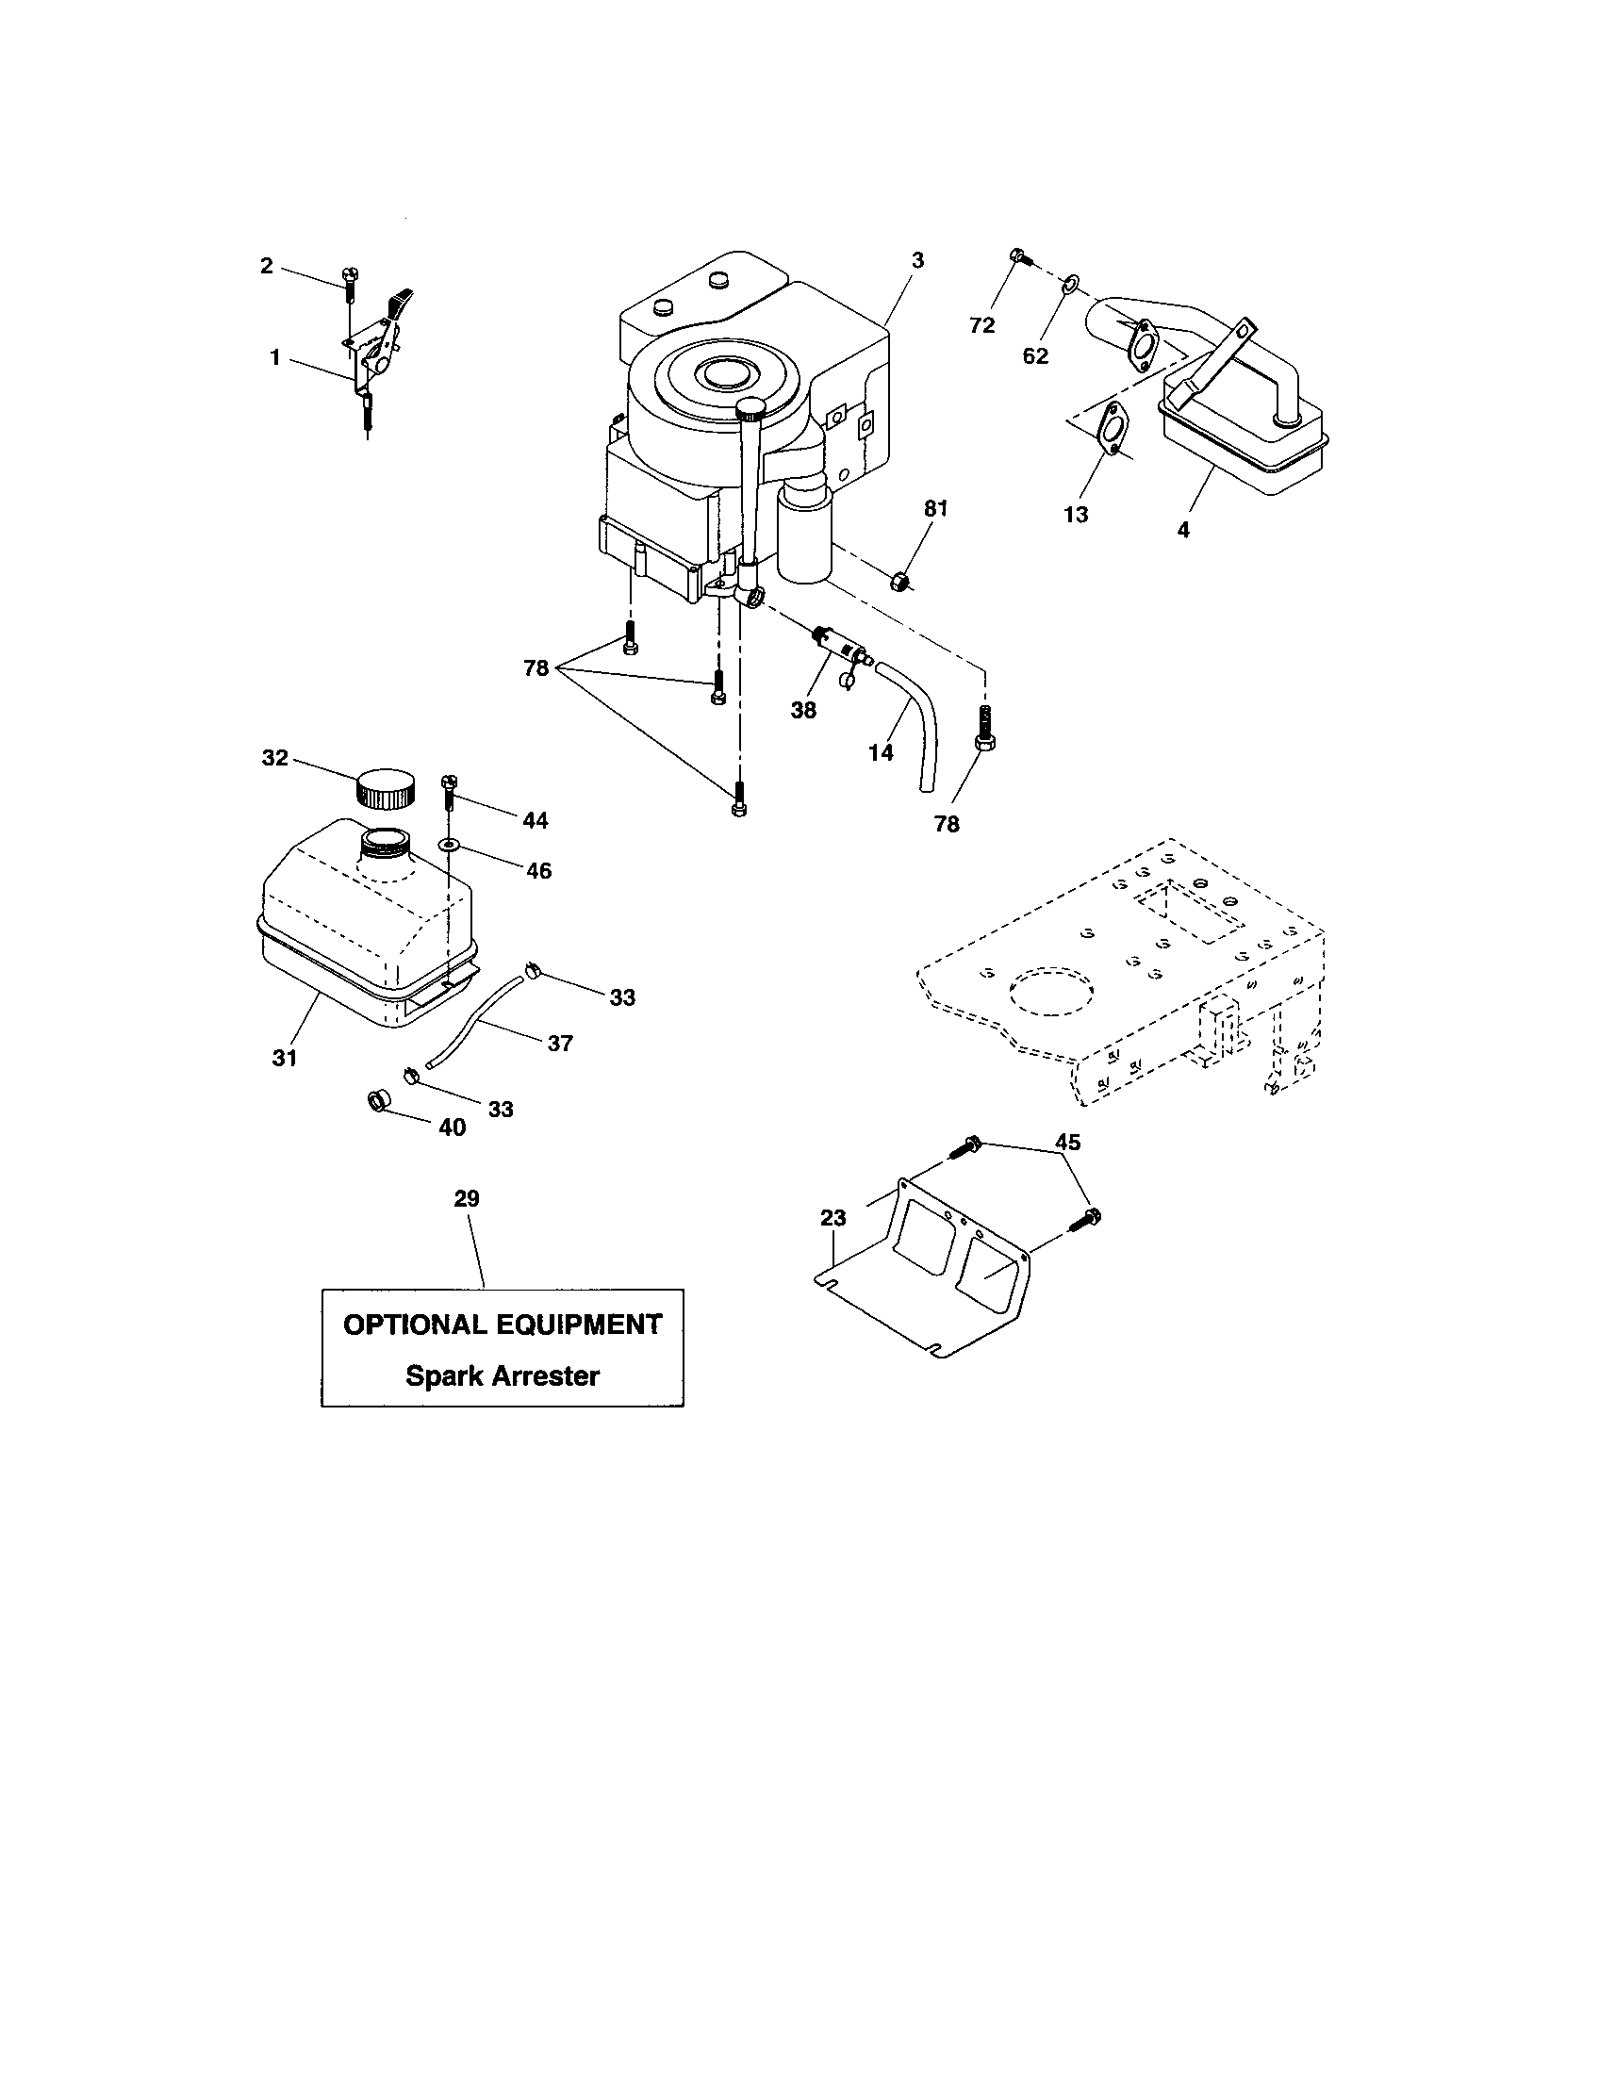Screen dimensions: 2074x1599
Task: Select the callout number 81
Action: click(x=936, y=509)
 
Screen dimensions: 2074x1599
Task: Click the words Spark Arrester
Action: click(x=503, y=1376)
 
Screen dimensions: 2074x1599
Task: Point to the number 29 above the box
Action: click(x=466, y=1198)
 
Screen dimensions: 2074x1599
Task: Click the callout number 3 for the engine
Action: click(x=916, y=259)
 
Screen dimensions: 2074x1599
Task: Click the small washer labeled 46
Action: click(x=448, y=845)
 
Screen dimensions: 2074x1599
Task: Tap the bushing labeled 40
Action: click(x=379, y=1101)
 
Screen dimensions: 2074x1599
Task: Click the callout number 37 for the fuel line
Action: click(x=560, y=1044)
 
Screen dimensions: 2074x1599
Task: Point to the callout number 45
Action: click(x=1068, y=1143)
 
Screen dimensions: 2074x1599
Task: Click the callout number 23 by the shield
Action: click(x=832, y=1218)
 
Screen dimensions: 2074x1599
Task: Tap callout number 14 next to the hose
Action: click(x=881, y=752)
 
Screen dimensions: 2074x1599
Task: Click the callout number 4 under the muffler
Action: click(x=1183, y=530)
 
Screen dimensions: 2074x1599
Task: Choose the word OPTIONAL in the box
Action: click(x=415, y=1325)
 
